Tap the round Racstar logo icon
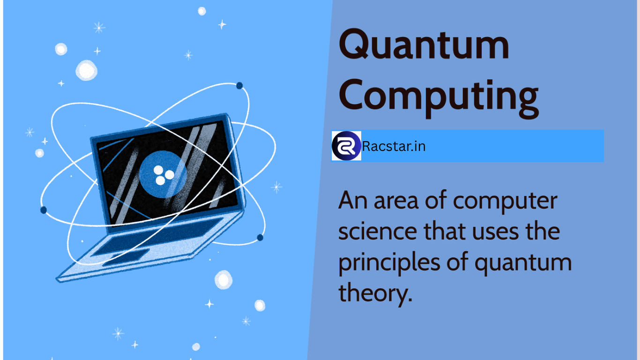tap(346, 146)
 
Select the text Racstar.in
tap(394, 146)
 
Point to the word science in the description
tap(378, 231)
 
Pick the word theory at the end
tap(375, 293)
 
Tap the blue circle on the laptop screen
tap(163, 174)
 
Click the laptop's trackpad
tap(126, 257)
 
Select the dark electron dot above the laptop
tap(239, 85)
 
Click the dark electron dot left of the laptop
tap(44, 210)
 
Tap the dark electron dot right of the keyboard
tap(260, 238)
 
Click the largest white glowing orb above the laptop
tap(86, 70)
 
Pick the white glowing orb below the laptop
tap(223, 280)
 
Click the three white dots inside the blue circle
tap(164, 175)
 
